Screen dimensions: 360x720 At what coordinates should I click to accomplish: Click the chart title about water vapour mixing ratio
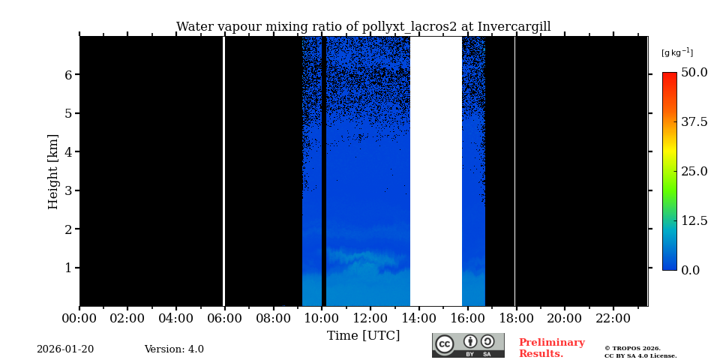click(363, 27)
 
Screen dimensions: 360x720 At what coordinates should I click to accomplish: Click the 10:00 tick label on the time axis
click(322, 318)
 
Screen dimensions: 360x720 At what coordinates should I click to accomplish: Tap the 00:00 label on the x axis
click(79, 318)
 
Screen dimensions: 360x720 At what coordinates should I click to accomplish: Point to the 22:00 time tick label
click(613, 318)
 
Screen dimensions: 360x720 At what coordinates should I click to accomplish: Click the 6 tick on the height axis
click(68, 75)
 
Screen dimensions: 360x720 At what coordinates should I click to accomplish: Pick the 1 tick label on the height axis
click(68, 268)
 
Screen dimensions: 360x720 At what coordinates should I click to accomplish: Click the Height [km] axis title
click(53, 171)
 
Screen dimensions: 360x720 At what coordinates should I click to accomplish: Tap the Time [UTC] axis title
click(363, 335)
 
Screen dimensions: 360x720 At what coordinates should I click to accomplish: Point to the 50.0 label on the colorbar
click(694, 73)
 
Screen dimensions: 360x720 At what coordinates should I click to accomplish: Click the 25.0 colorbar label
click(694, 171)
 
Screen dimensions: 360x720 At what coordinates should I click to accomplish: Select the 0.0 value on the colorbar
click(690, 270)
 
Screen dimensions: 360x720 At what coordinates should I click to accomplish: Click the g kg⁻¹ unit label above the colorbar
click(676, 52)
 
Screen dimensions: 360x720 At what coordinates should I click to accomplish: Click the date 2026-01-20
click(65, 349)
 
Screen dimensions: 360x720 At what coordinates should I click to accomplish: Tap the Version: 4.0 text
click(174, 349)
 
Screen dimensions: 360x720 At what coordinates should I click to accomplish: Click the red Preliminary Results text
click(551, 348)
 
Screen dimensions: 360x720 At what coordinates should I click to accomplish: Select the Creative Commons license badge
click(468, 345)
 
